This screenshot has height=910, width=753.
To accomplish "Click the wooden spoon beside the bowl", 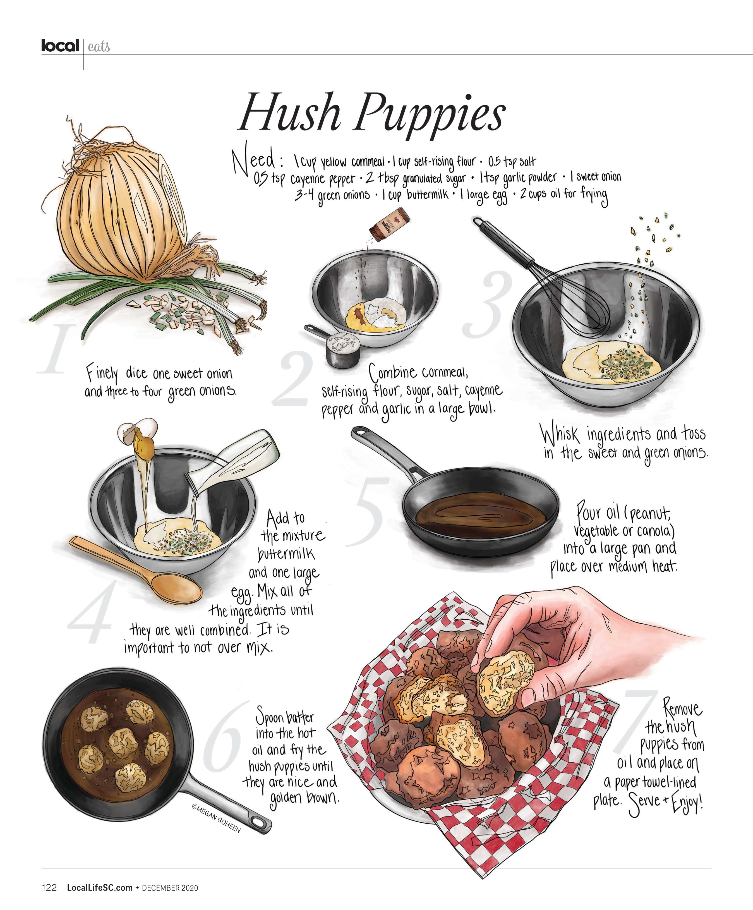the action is pyautogui.click(x=136, y=568).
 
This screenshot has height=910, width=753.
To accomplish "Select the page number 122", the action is pyautogui.click(x=49, y=887).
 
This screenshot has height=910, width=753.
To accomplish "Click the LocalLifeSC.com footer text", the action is pyautogui.click(x=100, y=887).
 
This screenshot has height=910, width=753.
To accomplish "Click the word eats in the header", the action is pyautogui.click(x=99, y=46).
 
